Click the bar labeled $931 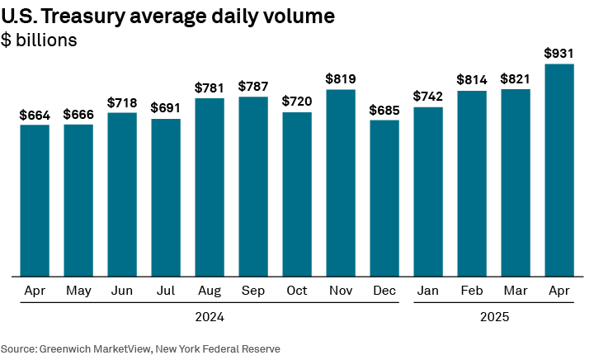(x=559, y=169)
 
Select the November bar (x=341, y=182)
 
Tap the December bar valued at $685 (x=384, y=198)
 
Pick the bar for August (x=210, y=187)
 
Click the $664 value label (x=35, y=115)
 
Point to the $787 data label (x=253, y=87)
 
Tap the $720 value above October (x=297, y=102)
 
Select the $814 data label (x=472, y=80)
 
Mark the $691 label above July (x=166, y=108)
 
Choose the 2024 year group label (x=210, y=317)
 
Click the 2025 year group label (x=493, y=317)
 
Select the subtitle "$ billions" (x=39, y=40)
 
